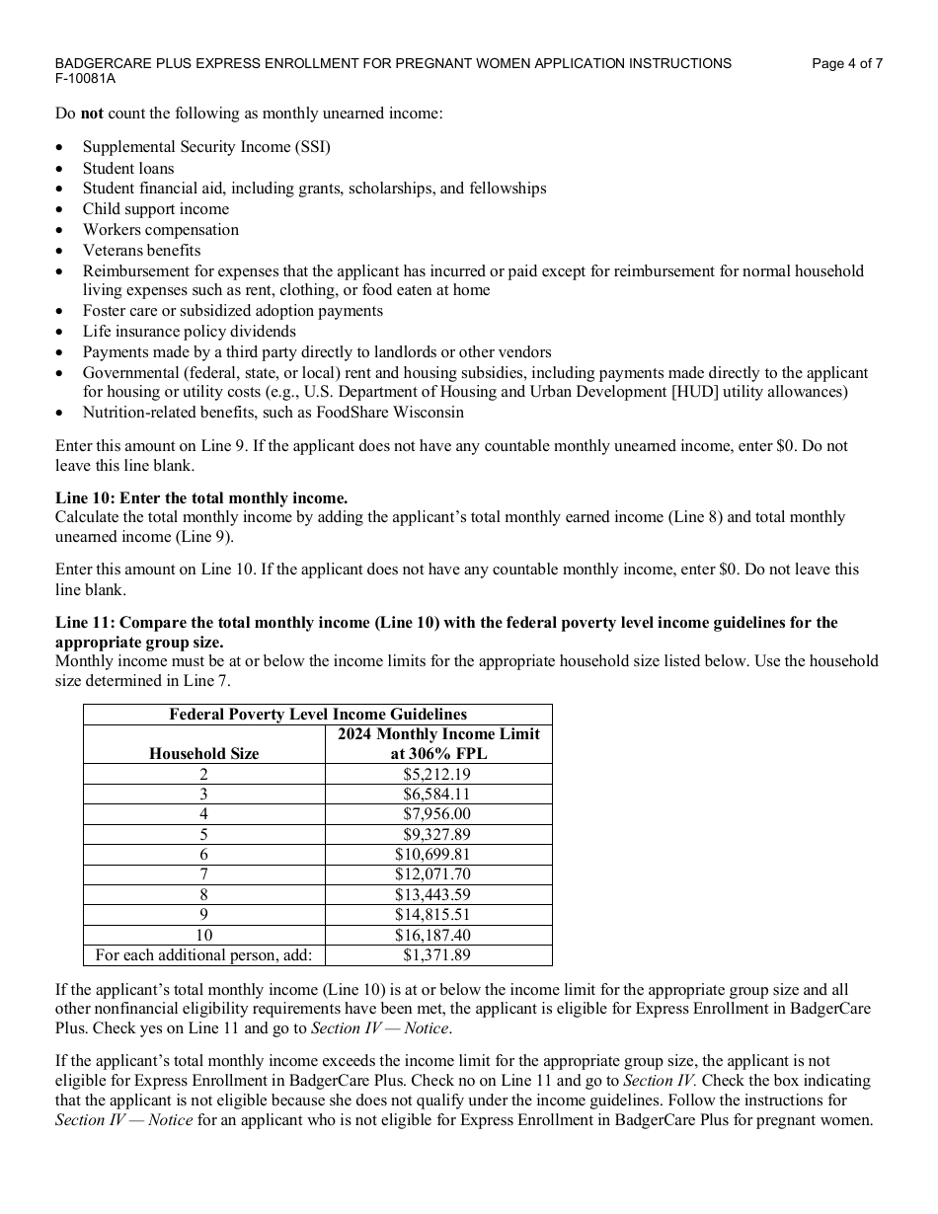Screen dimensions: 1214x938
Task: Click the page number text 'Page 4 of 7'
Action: pos(846,63)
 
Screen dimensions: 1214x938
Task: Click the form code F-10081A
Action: pos(85,78)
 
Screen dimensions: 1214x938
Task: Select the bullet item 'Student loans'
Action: pos(128,168)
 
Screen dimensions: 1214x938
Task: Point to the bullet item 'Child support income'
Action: pos(155,208)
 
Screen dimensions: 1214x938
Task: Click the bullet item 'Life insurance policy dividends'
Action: pos(189,332)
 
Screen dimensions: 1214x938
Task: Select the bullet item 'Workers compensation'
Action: pos(160,229)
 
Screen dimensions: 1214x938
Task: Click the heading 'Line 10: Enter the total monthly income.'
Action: pos(201,498)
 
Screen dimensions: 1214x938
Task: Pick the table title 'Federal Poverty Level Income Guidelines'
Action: pos(318,714)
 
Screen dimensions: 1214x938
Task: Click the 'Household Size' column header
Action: pos(203,753)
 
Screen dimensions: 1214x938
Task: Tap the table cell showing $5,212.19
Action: pos(436,774)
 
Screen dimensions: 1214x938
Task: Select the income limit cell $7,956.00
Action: pos(436,814)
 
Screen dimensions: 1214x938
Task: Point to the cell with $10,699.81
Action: pos(432,854)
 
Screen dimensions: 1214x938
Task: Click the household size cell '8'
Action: pos(203,894)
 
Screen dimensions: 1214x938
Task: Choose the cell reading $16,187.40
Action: pos(432,935)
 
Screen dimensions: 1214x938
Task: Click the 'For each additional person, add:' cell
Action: pos(203,954)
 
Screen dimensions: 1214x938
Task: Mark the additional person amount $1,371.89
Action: pos(436,954)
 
